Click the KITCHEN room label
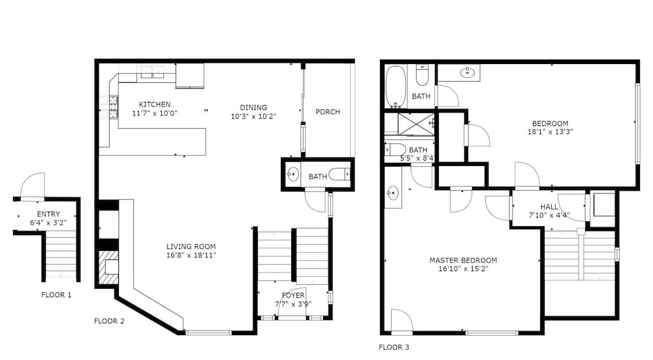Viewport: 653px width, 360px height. point(155,105)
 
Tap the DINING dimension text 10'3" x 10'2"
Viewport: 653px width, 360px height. point(253,116)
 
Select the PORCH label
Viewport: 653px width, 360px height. point(328,112)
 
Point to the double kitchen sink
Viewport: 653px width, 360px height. point(152,72)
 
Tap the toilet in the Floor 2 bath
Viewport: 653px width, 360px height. point(340,174)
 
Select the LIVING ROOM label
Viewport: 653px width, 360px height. point(191,247)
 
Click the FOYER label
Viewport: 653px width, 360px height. point(293,295)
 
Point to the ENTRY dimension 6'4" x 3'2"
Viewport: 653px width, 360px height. point(48,223)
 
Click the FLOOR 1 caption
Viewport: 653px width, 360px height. point(56,295)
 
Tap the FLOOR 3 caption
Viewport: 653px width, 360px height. point(394,347)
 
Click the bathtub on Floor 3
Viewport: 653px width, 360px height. point(395,87)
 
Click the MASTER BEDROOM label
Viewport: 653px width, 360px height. point(463,261)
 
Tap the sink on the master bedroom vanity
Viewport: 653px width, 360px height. point(392,193)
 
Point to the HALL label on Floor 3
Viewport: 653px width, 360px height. point(549,207)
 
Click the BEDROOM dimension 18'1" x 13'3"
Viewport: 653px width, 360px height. point(550,132)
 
